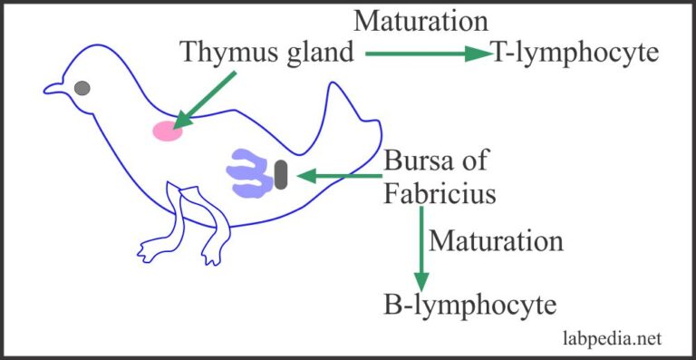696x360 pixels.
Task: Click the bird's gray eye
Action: (x=82, y=88)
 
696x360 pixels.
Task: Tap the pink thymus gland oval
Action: (x=167, y=131)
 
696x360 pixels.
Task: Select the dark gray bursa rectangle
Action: (x=281, y=174)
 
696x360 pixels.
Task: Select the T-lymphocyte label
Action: (x=575, y=54)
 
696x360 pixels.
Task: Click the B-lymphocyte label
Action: (x=469, y=305)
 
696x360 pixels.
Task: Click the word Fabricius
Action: (x=440, y=193)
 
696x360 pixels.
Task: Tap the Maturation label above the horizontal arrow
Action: (x=421, y=20)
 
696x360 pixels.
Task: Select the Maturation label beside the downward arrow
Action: (x=496, y=242)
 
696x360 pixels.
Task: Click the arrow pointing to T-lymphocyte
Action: (x=426, y=54)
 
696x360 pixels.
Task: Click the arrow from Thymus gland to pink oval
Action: (x=205, y=99)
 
